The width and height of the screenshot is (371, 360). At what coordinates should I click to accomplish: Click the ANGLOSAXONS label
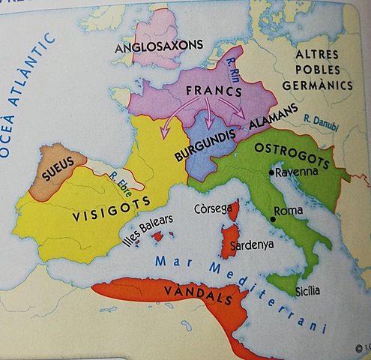[x=159, y=46]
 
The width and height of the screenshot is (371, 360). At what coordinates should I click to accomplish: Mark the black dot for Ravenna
[x=271, y=172]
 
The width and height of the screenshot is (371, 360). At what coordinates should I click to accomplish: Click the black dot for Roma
[x=273, y=219]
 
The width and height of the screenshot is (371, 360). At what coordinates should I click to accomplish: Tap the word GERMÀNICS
[x=323, y=85]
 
